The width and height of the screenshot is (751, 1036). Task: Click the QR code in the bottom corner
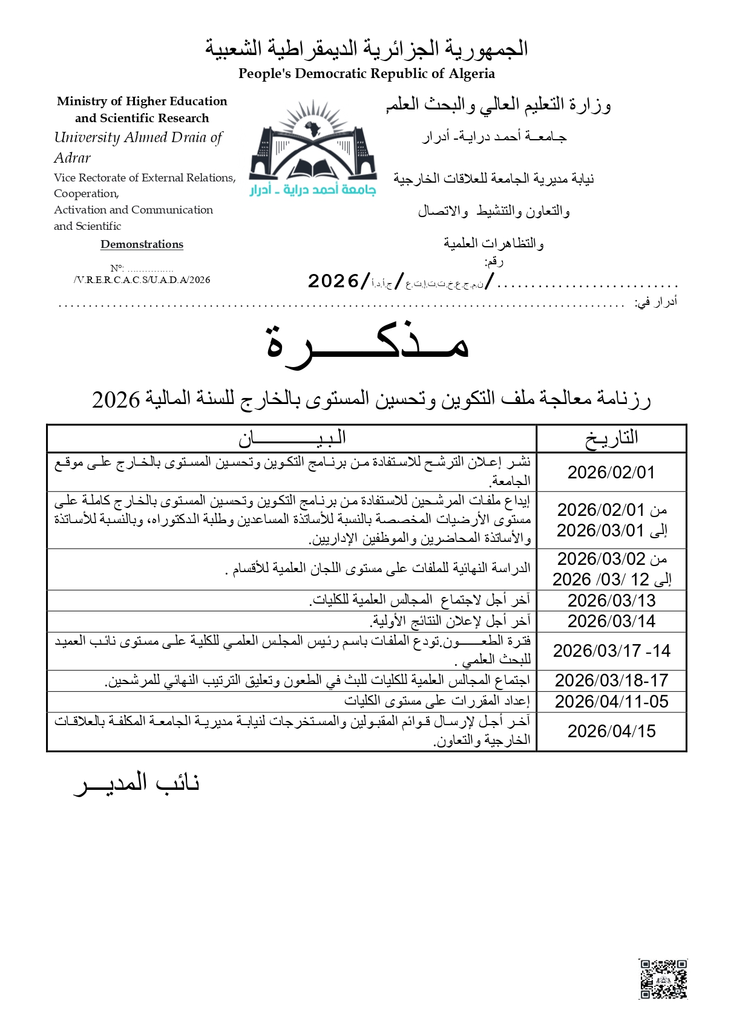click(663, 978)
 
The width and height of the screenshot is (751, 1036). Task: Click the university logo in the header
click(313, 148)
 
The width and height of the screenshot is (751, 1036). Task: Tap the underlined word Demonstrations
click(142, 244)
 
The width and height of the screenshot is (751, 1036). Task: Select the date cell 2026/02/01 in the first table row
click(611, 472)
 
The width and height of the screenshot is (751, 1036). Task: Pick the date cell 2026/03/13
click(611, 601)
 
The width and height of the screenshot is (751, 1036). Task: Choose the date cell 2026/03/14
click(611, 621)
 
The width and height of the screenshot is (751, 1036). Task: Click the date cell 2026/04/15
click(611, 731)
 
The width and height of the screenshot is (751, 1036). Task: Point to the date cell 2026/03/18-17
click(611, 680)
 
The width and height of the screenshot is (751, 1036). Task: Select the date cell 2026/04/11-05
click(611, 702)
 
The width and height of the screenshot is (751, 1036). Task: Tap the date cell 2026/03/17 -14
click(611, 651)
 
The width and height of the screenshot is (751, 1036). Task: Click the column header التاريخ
click(611, 438)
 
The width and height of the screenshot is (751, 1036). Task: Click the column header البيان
click(292, 438)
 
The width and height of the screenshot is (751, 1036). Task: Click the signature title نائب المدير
click(137, 783)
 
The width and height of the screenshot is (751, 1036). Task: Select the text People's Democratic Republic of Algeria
click(367, 74)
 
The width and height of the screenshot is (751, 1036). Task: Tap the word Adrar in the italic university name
click(72, 158)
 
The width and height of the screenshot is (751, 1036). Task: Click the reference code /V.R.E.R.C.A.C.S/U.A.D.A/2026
click(142, 280)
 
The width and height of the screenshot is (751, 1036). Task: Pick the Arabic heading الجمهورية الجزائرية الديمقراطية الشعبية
click(367, 48)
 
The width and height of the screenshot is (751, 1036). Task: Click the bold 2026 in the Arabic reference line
click(333, 281)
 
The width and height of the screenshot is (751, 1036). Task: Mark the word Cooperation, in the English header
click(86, 194)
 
